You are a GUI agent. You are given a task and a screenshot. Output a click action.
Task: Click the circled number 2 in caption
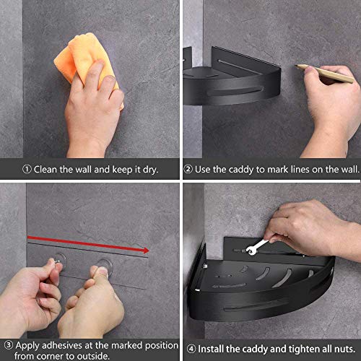coord(188,170)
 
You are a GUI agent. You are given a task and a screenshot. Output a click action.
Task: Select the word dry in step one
coord(148,170)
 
